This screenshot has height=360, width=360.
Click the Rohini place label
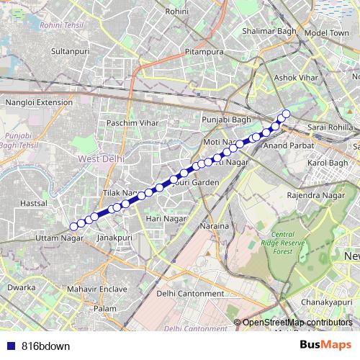176,12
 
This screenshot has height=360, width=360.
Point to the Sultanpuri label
70,52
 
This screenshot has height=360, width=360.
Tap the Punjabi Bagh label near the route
225,118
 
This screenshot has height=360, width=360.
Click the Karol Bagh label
328,163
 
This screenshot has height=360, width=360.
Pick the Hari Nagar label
162,217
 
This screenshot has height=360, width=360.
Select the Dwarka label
21,287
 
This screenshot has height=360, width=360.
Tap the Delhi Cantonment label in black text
190,293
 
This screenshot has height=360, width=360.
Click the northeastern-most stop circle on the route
286,113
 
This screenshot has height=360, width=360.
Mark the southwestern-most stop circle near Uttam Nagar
73,226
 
